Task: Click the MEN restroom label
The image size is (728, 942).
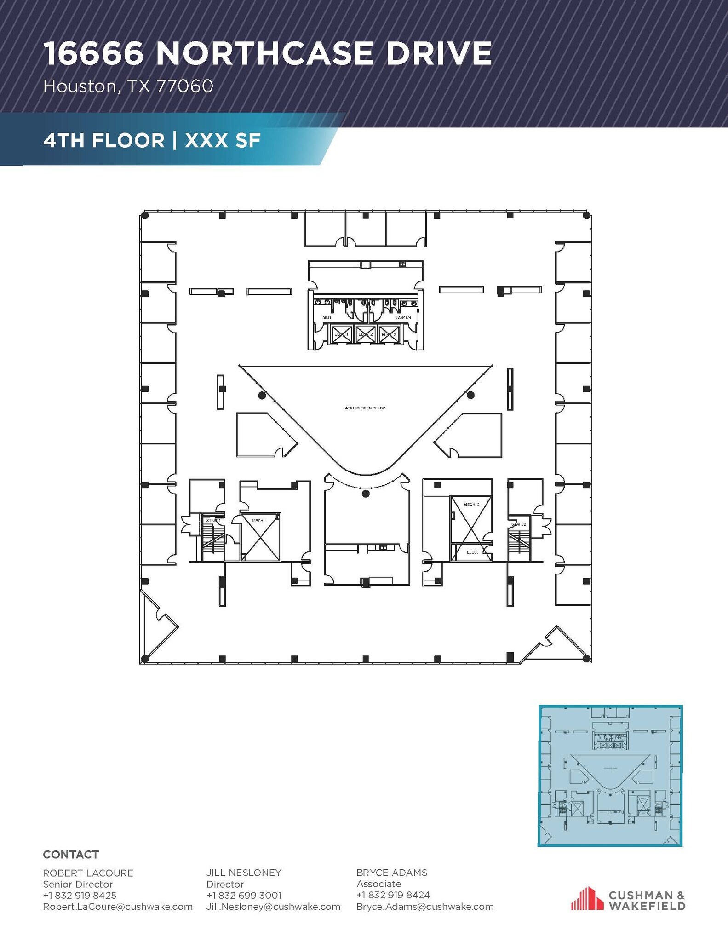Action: (327, 317)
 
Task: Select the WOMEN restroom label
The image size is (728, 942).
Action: (403, 317)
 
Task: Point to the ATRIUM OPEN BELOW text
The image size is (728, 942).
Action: (366, 408)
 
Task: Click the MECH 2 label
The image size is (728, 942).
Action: (471, 505)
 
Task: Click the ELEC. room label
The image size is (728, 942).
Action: (472, 552)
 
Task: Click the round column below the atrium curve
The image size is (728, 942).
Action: (366, 494)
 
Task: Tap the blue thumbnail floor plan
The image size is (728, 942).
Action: (610, 775)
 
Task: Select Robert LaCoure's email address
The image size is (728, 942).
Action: (118, 907)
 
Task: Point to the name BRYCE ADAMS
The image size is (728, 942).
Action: (391, 873)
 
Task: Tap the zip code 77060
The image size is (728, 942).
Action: (185, 86)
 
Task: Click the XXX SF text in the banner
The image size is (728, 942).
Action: (223, 140)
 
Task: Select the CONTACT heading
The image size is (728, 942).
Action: (71, 855)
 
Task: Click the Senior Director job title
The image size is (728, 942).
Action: (78, 884)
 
